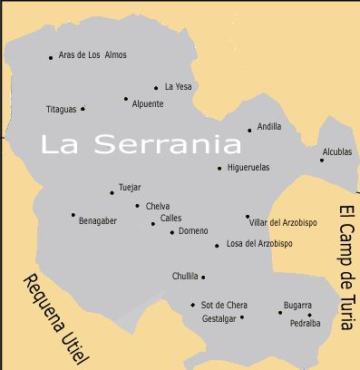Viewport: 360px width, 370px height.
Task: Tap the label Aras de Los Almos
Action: (x=92, y=55)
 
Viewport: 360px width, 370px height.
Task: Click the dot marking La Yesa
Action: (x=156, y=88)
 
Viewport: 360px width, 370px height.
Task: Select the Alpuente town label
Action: (x=148, y=104)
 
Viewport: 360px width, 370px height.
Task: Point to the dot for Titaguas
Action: (x=83, y=109)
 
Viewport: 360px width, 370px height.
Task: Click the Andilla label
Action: (x=269, y=127)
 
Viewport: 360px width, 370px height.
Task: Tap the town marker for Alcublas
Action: (x=322, y=161)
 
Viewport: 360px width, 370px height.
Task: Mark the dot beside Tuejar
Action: (x=112, y=192)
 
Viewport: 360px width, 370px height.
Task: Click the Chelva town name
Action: (x=158, y=206)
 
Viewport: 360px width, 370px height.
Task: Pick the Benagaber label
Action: (x=98, y=220)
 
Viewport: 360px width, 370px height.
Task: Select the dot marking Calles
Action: (x=153, y=223)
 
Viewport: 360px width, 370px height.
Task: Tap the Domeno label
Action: (x=193, y=231)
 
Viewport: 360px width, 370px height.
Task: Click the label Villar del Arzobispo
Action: (x=284, y=222)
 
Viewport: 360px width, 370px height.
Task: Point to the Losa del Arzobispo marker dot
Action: (x=217, y=246)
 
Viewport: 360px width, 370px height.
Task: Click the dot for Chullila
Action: (x=203, y=277)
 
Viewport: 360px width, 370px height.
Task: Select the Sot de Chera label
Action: (x=224, y=305)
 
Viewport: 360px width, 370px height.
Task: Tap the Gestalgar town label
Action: (x=219, y=318)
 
